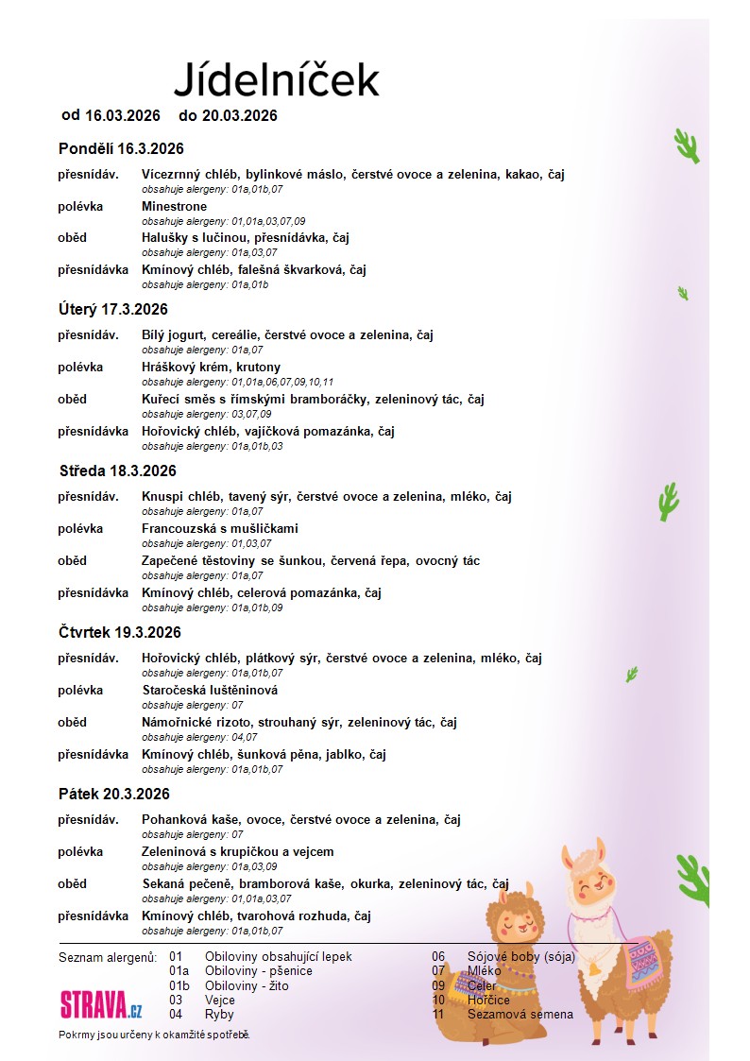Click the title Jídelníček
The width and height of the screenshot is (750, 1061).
(276, 79)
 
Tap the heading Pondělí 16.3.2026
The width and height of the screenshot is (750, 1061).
(121, 148)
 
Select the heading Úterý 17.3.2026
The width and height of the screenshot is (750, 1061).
(112, 309)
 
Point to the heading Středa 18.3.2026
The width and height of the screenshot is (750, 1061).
(117, 471)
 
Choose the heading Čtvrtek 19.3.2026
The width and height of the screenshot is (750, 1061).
(119, 632)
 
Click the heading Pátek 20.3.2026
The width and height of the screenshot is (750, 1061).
(114, 794)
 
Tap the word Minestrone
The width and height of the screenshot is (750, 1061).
(174, 206)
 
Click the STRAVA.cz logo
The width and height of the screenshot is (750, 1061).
(101, 1003)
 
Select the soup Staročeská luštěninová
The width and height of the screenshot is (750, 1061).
(210, 690)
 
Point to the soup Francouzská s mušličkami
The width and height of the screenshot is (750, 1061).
(220, 528)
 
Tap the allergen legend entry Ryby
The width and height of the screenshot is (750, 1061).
(218, 1014)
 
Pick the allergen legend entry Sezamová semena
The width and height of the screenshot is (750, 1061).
(520, 1014)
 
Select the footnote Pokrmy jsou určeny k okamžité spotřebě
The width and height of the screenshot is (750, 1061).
(154, 1035)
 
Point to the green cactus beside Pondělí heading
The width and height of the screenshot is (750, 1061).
(687, 145)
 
